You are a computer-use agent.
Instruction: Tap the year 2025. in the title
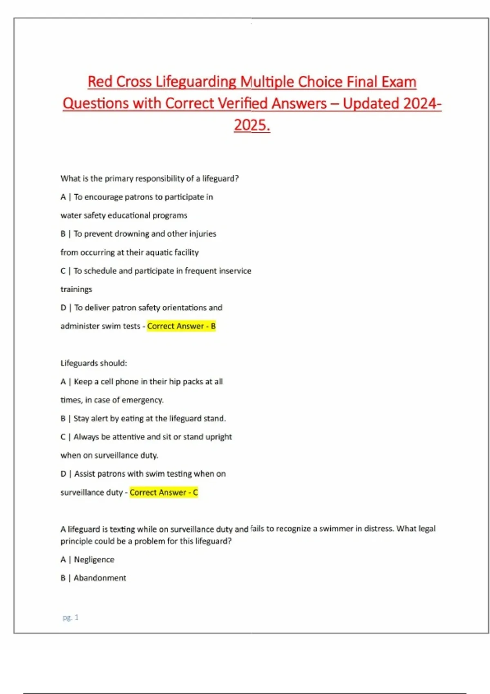click(x=252, y=125)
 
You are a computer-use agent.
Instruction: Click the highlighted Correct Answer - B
click(x=181, y=326)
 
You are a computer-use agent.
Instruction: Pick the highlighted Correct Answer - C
click(x=164, y=492)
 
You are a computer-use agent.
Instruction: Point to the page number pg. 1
click(x=71, y=617)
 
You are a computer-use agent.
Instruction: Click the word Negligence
click(x=94, y=560)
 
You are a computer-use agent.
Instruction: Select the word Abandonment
click(x=100, y=578)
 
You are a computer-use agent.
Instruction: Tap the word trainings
click(x=76, y=289)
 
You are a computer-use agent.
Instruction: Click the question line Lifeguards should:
click(x=94, y=363)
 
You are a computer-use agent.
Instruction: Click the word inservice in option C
click(x=235, y=271)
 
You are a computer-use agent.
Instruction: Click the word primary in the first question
click(x=119, y=178)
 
